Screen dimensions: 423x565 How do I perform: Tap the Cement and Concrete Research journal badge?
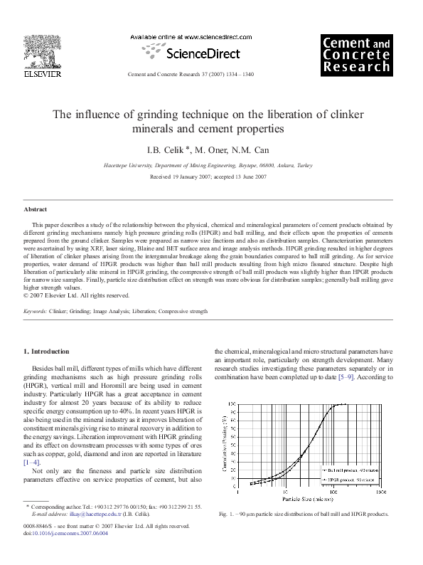(x=356, y=56)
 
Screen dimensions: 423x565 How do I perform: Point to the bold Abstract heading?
(x=36, y=210)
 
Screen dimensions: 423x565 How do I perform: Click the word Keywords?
(x=35, y=312)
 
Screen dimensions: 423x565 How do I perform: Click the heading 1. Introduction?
(x=47, y=352)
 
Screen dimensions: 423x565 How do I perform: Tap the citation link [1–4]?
(x=33, y=463)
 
